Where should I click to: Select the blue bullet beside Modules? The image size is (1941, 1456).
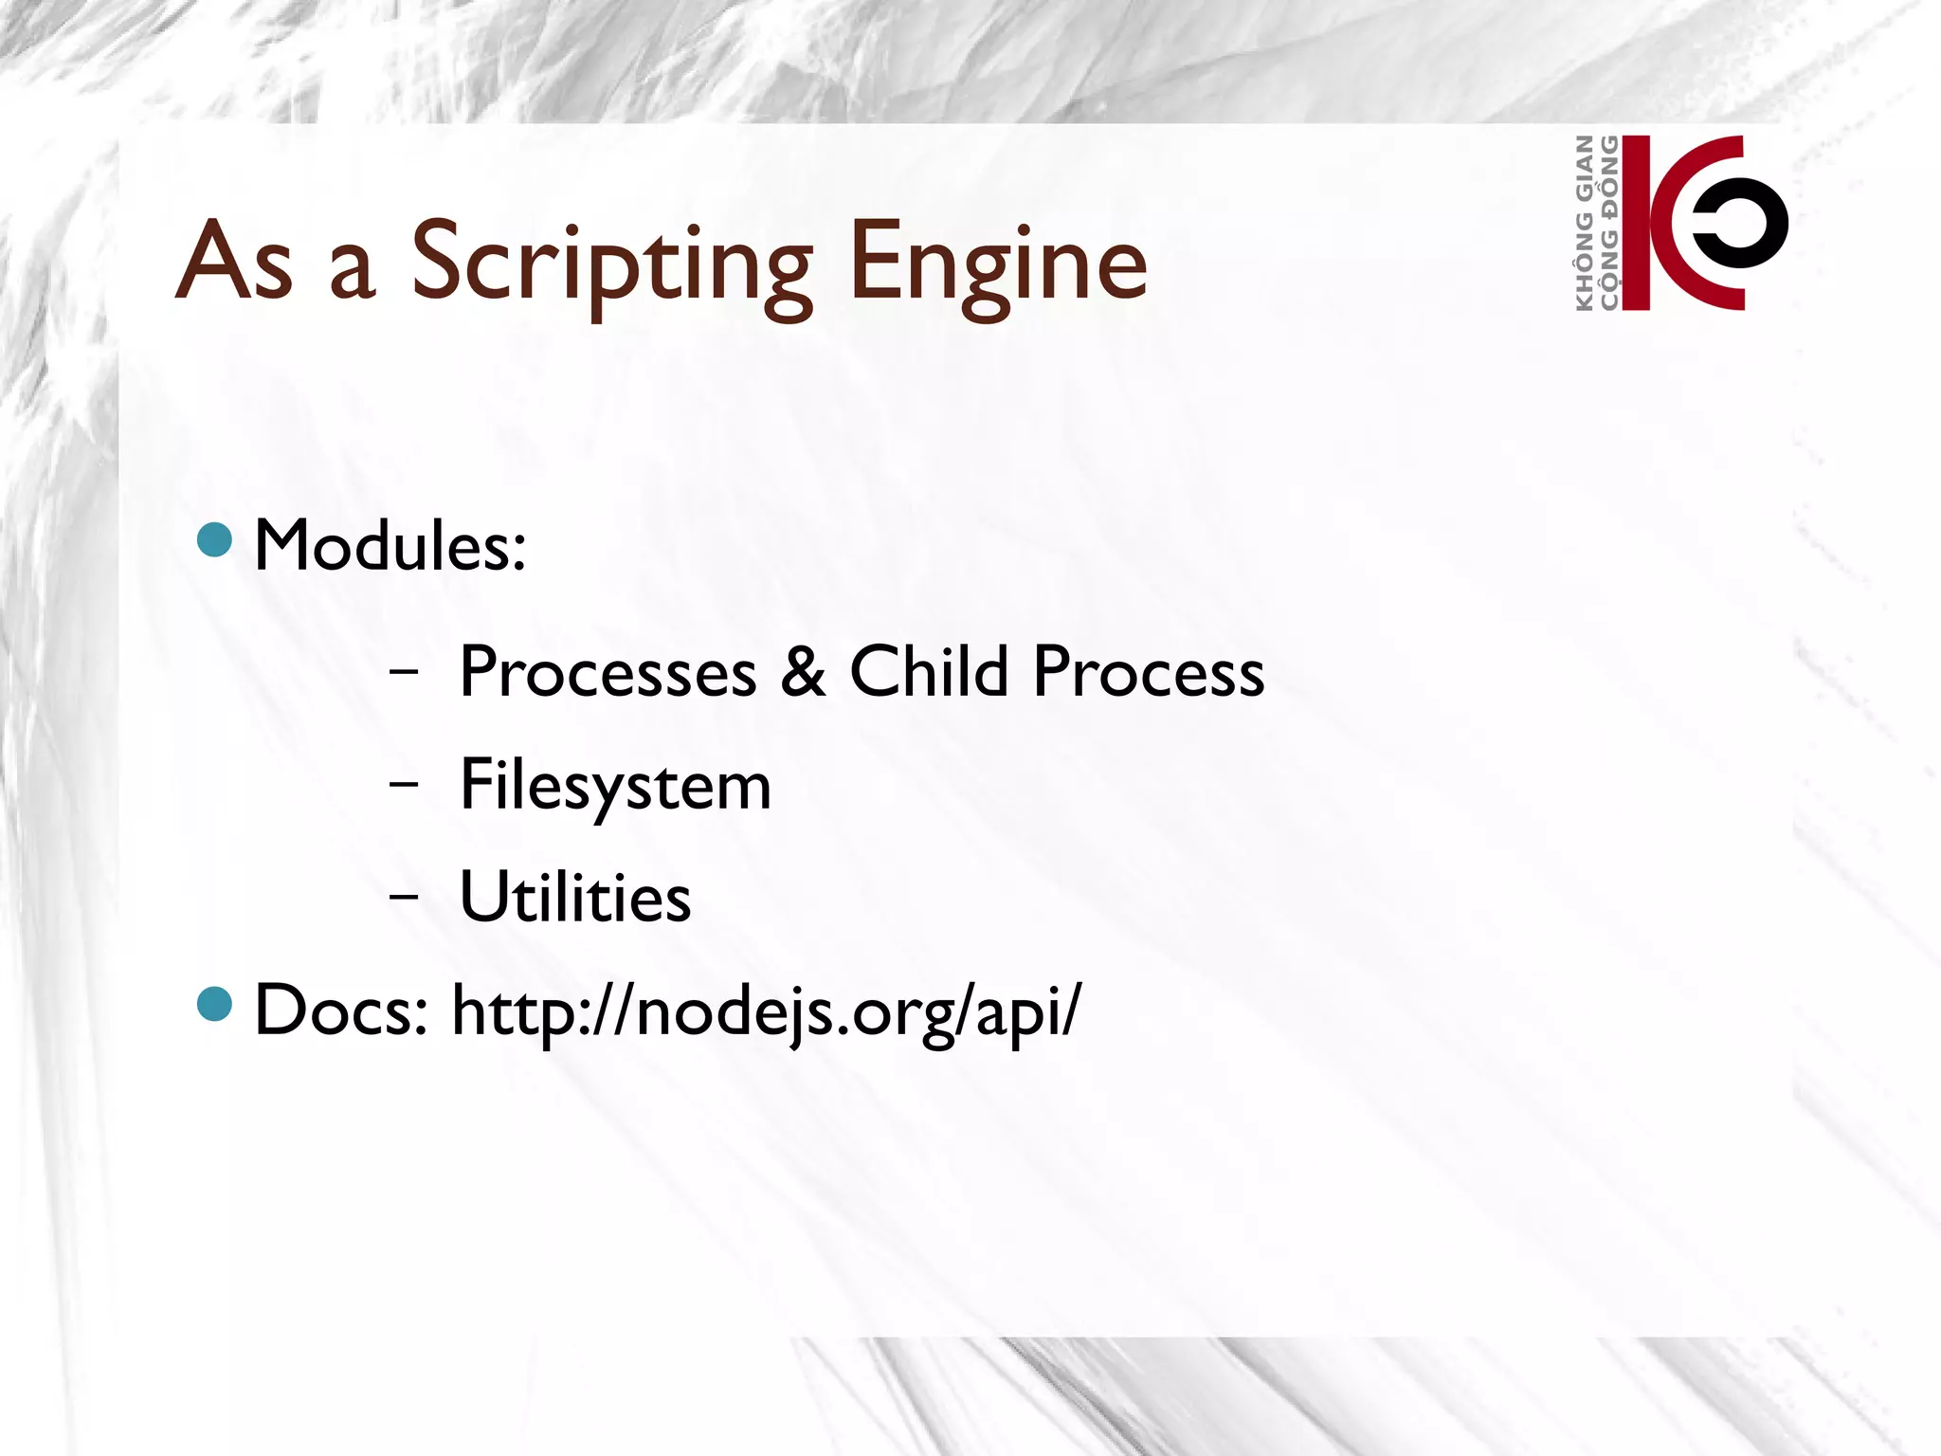pos(215,539)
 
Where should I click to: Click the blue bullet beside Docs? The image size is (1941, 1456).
pos(215,1004)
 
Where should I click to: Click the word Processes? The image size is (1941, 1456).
pos(608,672)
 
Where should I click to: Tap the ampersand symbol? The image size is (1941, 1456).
pos(804,672)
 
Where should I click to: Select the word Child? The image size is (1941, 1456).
pos(928,672)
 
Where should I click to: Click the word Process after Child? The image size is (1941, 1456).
pos(1148,672)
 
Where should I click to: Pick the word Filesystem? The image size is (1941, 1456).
pos(615,786)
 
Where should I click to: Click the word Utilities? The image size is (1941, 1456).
pos(575,897)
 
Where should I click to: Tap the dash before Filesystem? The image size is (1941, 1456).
pos(404,784)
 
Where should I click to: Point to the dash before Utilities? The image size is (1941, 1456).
pos(404,896)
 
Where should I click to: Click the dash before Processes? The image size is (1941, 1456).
pos(404,671)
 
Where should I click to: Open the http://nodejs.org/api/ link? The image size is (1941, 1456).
pos(765,1011)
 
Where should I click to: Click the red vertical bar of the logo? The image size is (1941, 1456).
pos(1636,223)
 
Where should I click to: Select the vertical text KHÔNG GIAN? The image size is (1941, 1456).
pos(1584,223)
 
